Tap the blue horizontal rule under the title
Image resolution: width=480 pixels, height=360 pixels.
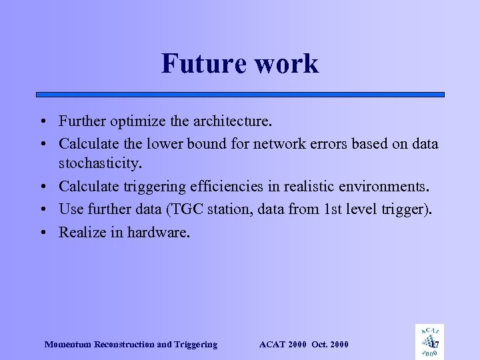[240, 95]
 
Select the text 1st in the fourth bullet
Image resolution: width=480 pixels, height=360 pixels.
[330, 210]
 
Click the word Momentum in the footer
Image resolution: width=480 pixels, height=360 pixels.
[69, 345]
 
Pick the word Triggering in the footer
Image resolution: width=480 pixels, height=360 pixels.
[195, 345]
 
